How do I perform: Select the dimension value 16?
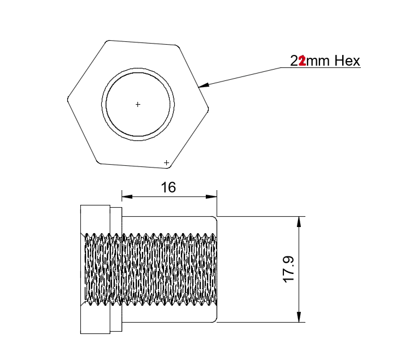point(169,187)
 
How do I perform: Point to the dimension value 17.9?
point(288,269)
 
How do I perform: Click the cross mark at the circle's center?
point(137,104)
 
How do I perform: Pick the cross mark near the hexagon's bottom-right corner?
point(166,163)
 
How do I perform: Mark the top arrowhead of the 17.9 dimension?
point(299,221)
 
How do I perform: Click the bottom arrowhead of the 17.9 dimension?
point(299,318)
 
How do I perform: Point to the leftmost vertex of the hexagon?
point(67,101)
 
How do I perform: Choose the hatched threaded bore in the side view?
point(150,269)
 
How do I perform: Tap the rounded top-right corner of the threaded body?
point(214,218)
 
